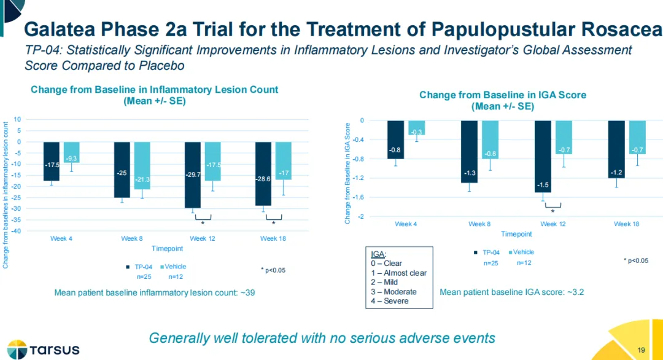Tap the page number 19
(x=642, y=350)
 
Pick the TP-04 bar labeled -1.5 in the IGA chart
(x=543, y=157)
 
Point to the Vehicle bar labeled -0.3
(x=416, y=128)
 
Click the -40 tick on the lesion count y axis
(x=19, y=231)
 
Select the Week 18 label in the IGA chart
(x=626, y=224)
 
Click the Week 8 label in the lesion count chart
(x=132, y=238)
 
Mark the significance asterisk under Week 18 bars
(x=274, y=224)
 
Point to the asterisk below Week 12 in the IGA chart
(x=552, y=211)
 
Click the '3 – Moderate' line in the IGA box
(x=394, y=292)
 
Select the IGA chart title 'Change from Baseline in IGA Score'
(x=503, y=95)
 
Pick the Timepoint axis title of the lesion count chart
(x=167, y=249)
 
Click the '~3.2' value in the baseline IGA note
(x=575, y=292)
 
